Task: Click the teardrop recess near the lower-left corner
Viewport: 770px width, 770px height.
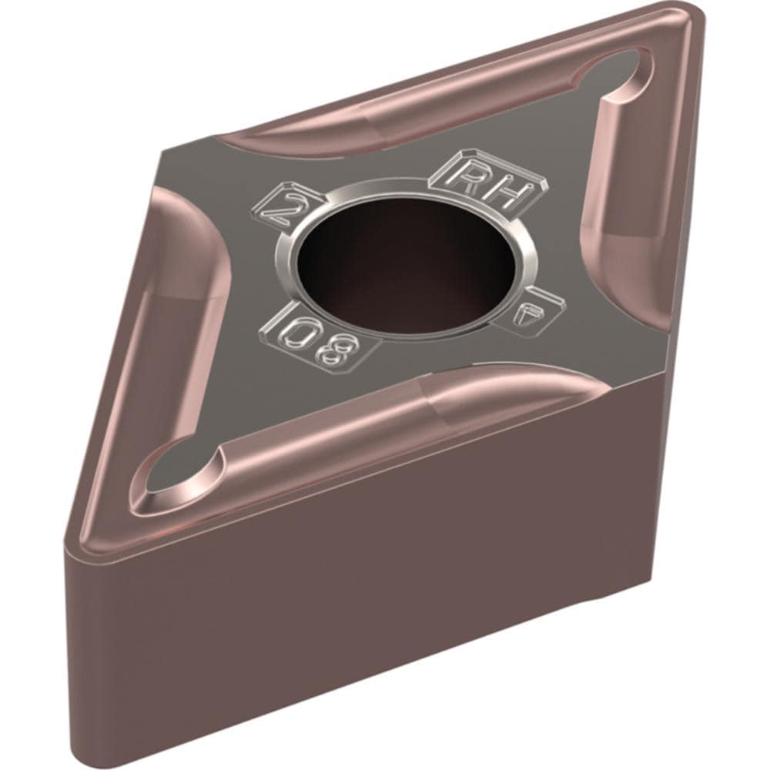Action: pos(173,470)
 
